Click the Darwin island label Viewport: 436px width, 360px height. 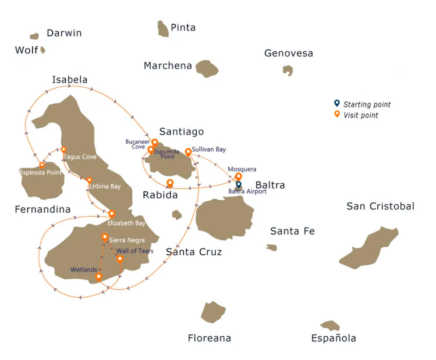coord(64,33)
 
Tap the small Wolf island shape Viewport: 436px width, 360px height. coord(43,50)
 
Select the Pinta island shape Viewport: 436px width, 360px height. coord(163,29)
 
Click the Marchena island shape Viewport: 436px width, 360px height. coord(207,68)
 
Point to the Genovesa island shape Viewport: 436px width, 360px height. coord(288,70)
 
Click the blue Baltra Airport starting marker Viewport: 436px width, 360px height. coord(238,185)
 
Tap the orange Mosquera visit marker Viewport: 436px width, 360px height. coord(238,177)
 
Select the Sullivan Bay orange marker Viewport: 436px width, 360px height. coord(188,152)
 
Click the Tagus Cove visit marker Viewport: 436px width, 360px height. coord(63,150)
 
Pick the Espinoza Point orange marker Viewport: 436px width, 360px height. coord(42,165)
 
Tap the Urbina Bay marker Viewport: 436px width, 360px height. coord(89,180)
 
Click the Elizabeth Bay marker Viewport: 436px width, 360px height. coord(112,214)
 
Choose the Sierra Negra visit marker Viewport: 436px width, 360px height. coord(105,237)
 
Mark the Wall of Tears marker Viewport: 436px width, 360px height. coord(120,259)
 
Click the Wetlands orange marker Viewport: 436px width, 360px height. coord(99,277)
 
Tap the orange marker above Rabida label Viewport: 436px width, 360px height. coord(170,183)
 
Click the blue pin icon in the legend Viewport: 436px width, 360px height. coord(337,103)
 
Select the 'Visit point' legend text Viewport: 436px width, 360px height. coord(361,115)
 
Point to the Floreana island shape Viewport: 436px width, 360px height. coord(213,312)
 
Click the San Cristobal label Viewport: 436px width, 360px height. coord(380,206)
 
